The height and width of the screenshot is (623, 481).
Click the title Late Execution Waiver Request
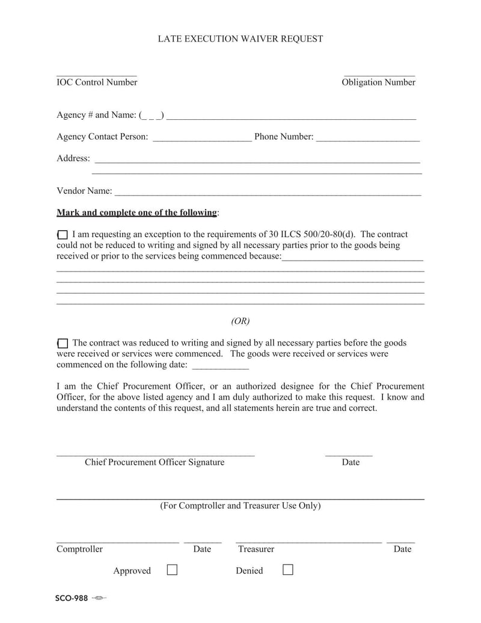[x=240, y=39]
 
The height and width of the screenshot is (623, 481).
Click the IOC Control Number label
[x=97, y=82]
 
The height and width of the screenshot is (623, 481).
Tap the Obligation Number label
[x=378, y=82]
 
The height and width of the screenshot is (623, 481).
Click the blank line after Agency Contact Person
[x=202, y=138]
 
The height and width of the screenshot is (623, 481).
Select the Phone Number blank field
[x=367, y=138]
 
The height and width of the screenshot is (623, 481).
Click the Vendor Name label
[x=84, y=191]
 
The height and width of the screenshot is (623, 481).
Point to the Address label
[x=73, y=158]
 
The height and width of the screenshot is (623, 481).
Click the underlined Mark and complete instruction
[x=136, y=212]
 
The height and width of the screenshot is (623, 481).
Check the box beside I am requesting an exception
[x=63, y=235]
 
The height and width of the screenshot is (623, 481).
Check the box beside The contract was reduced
[x=63, y=343]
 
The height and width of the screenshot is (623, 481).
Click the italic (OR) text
[x=240, y=321]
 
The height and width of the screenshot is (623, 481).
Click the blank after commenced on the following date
[x=220, y=365]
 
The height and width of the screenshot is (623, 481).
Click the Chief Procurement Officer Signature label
[x=155, y=462]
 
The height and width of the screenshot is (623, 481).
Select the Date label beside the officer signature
[x=351, y=462]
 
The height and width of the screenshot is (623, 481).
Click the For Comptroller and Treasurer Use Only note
[x=240, y=506]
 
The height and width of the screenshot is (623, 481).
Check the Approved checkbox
[x=172, y=569]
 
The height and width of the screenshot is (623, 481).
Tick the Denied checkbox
[x=288, y=569]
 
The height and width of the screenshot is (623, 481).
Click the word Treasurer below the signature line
[x=256, y=549]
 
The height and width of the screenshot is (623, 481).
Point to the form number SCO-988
[x=72, y=598]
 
